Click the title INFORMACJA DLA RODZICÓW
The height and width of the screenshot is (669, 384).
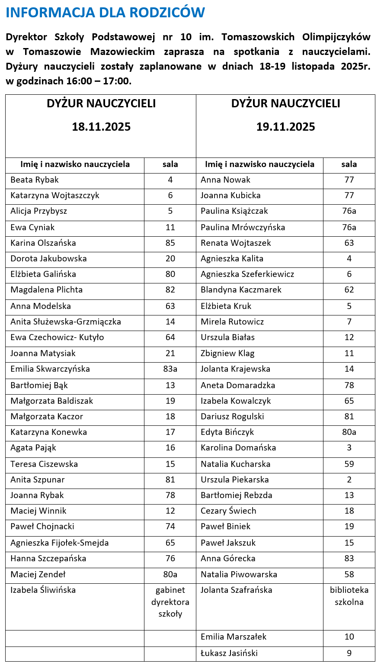point(105,13)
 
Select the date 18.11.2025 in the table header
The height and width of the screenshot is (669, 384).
point(101,127)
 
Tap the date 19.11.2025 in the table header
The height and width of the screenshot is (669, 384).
point(285,127)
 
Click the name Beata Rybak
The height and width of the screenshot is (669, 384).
point(35,180)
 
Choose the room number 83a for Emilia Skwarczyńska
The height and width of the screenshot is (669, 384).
point(170,369)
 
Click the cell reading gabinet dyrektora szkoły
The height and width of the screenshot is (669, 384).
point(170,601)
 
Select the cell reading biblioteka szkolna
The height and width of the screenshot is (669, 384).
point(349,596)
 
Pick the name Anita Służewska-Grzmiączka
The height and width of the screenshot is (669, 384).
point(66,322)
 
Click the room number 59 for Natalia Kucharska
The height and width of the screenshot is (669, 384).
point(349,464)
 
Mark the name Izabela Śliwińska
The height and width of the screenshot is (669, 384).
point(43,590)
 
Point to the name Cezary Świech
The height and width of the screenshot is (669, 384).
point(228,511)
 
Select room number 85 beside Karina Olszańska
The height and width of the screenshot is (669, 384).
point(170,243)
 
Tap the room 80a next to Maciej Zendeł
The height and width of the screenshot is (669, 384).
point(170,574)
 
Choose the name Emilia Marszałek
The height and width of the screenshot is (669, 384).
point(234,637)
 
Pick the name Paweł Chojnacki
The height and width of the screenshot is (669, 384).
point(42,526)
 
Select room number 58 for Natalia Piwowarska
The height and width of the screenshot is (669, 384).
point(349,574)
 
